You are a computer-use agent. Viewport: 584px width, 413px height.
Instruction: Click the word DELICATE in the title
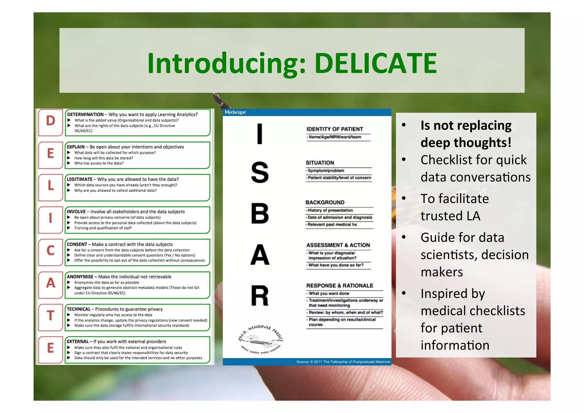point(376,63)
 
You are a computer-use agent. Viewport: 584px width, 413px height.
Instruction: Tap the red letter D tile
point(51,121)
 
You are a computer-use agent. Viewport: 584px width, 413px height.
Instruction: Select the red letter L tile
point(51,186)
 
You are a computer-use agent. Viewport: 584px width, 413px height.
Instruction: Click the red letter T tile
point(51,316)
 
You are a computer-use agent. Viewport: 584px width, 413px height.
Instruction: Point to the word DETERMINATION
point(85,114)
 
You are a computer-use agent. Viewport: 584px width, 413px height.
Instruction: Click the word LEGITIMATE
point(80,179)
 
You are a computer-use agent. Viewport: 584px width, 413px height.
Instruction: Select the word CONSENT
point(77,244)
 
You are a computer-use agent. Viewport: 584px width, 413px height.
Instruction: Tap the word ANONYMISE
point(80,277)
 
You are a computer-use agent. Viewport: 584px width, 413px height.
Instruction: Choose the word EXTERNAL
point(78,341)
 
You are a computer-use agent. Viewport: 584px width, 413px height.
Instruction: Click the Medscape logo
point(235,112)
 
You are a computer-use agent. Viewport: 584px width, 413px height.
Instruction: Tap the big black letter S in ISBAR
point(260,172)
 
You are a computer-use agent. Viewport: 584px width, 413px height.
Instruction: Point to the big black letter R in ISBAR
point(260,296)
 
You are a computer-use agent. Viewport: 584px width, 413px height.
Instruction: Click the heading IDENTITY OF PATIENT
point(334,129)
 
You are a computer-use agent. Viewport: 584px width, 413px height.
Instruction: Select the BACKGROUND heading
point(325,202)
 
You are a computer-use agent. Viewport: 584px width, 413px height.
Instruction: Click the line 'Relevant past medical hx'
point(332,225)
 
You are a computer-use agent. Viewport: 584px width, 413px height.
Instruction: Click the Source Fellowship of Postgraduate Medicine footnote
point(343,362)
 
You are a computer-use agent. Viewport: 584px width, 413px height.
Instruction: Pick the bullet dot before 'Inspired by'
point(404,293)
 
